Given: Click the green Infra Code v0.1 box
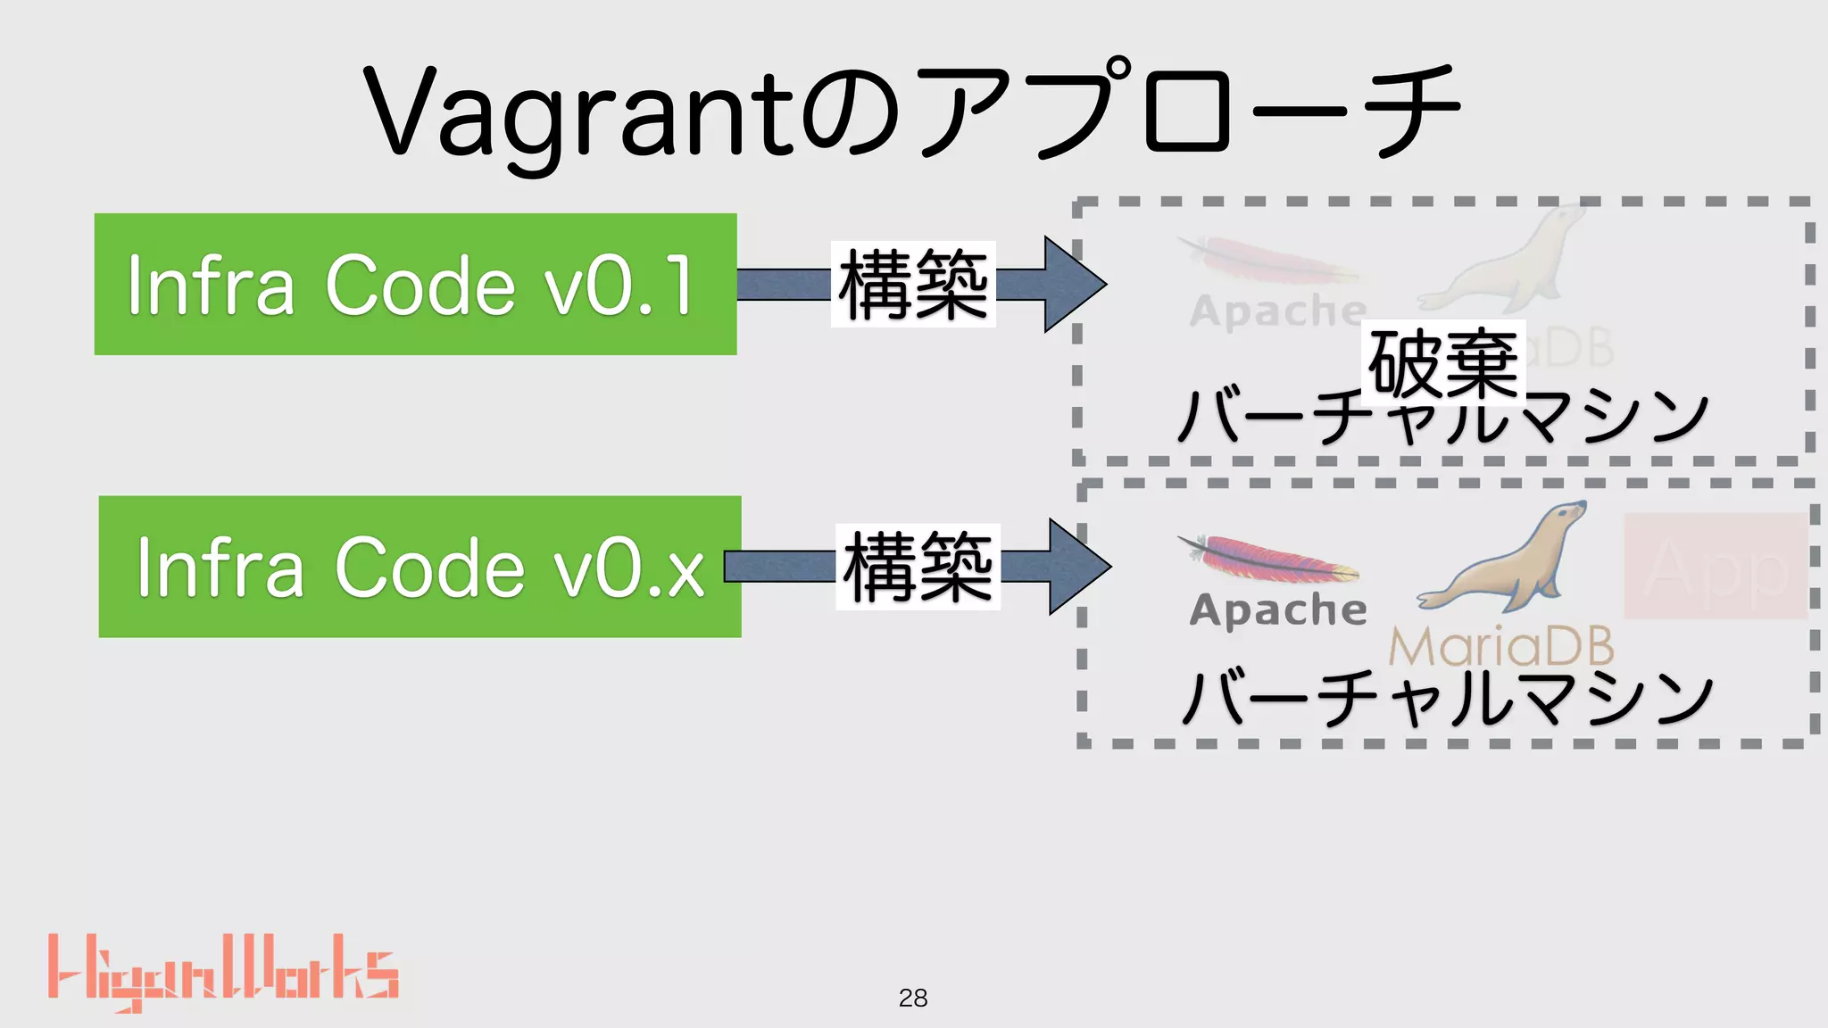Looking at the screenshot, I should click(415, 284).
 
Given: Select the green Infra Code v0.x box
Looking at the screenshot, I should click(420, 567).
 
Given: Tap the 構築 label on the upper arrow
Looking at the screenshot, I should click(913, 284).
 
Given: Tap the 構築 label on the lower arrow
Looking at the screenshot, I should click(918, 567).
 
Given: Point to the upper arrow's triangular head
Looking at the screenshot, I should click(1071, 284).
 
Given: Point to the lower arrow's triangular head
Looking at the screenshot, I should click(1076, 567).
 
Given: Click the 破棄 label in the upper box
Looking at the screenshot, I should click(1442, 361).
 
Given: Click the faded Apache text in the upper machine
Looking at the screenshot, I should click(1277, 311).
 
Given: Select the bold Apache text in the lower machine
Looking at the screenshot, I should click(1277, 610).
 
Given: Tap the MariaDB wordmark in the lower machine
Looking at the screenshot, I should click(1501, 646).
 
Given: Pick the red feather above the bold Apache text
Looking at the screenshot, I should click(1267, 558).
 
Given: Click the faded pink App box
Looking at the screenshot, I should click(1714, 566).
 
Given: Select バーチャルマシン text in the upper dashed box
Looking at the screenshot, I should click(1442, 418).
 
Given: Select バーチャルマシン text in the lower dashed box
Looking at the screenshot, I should click(1446, 698).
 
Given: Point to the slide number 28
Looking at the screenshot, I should click(913, 998).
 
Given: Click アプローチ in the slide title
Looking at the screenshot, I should click(1187, 112).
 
